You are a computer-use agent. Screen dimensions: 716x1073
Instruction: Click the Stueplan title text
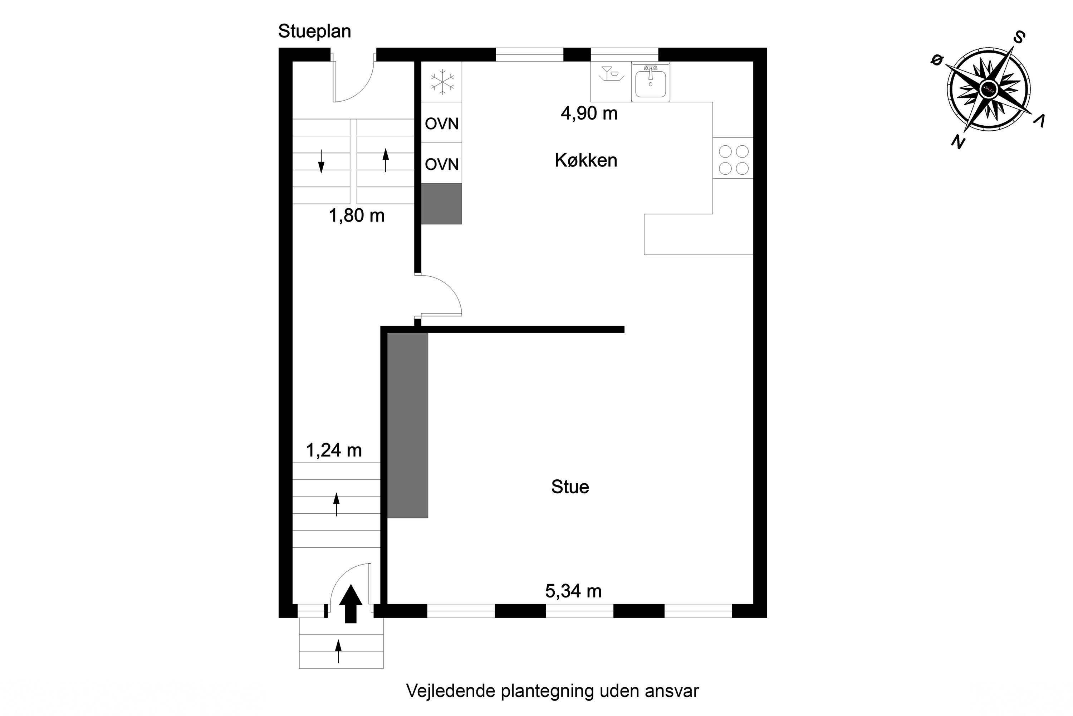(314, 32)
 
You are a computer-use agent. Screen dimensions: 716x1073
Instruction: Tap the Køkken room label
(586, 160)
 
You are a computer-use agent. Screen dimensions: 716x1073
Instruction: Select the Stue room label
(570, 487)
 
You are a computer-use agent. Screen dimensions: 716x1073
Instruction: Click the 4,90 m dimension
(589, 113)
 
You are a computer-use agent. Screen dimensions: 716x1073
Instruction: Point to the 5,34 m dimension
(573, 591)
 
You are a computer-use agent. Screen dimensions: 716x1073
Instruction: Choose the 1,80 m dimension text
(356, 215)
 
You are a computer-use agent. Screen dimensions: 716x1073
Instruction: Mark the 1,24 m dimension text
(334, 450)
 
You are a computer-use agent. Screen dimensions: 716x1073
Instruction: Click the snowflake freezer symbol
(442, 82)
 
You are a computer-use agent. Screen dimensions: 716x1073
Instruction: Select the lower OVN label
(442, 164)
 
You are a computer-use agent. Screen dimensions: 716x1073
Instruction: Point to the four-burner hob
(733, 160)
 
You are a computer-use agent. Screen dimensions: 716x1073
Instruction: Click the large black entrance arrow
(351, 604)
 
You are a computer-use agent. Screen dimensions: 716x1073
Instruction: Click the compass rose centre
(988, 88)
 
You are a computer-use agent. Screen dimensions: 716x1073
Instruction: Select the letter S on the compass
(1018, 38)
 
